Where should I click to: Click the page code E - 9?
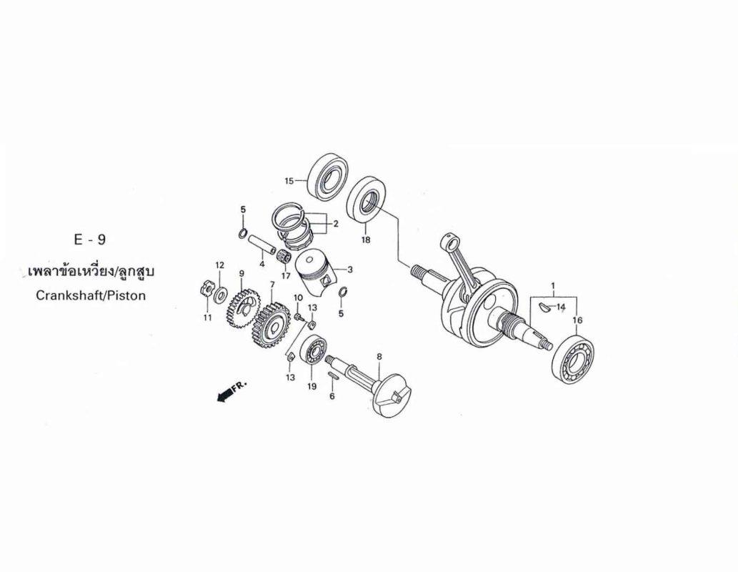90,240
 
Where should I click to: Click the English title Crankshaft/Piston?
91,296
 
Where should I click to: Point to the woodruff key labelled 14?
544,308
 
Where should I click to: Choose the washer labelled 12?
220,296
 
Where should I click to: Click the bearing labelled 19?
311,350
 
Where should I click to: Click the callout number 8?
379,357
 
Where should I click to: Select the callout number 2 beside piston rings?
336,225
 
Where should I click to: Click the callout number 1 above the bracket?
553,286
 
